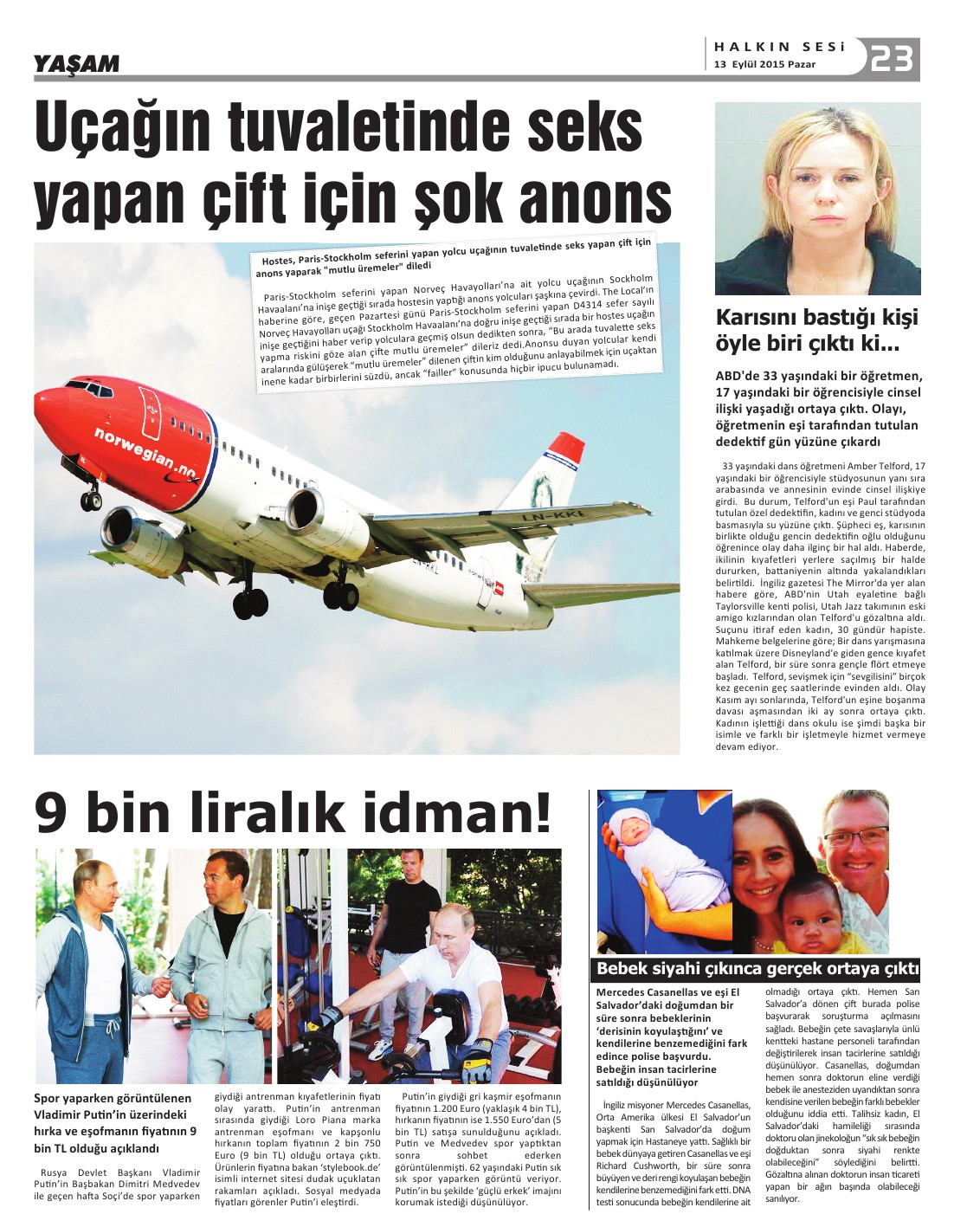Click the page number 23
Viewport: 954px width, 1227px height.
[x=892, y=60]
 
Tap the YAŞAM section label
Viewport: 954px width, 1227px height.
[x=77, y=63]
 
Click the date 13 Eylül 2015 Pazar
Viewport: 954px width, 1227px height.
[x=766, y=65]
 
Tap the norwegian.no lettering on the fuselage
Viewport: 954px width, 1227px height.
[x=145, y=450]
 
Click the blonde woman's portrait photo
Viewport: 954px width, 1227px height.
[x=816, y=198]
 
